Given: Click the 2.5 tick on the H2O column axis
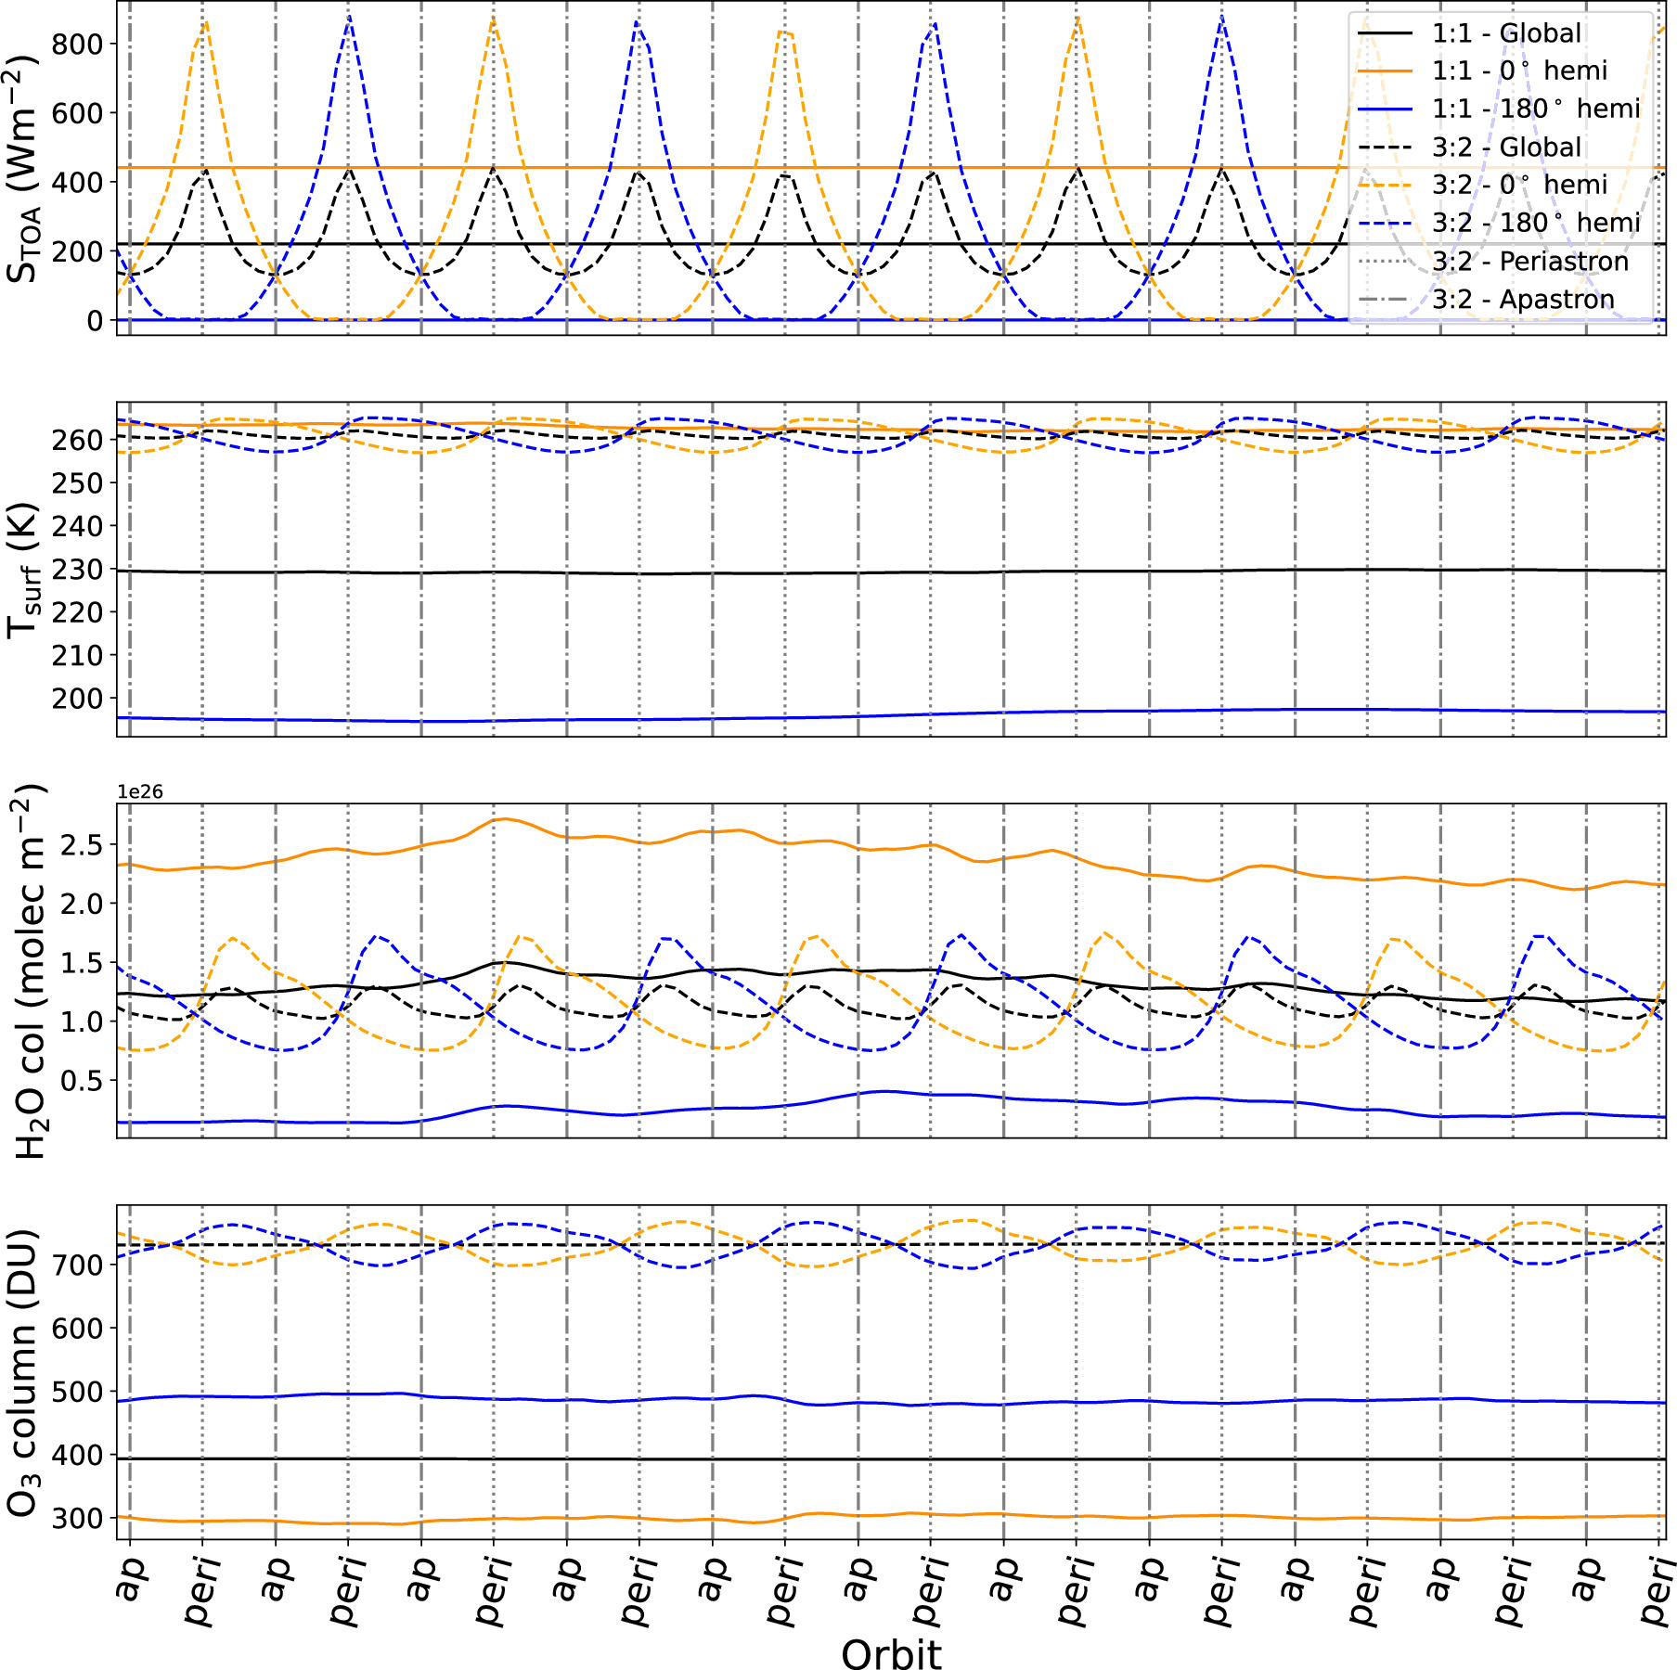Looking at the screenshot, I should [x=82, y=844].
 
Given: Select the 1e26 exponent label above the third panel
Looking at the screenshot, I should [x=139, y=791].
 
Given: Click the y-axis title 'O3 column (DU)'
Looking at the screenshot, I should [x=22, y=1372].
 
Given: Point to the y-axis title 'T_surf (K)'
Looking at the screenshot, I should [x=22, y=570].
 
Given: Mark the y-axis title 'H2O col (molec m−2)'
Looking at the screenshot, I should [x=28, y=970].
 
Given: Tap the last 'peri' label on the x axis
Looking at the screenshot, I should [x=1658, y=1590].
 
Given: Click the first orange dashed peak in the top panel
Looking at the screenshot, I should [x=205, y=20].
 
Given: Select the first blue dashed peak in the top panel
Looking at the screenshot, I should [x=348, y=17].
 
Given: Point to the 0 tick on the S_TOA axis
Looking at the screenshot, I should [x=95, y=320].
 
